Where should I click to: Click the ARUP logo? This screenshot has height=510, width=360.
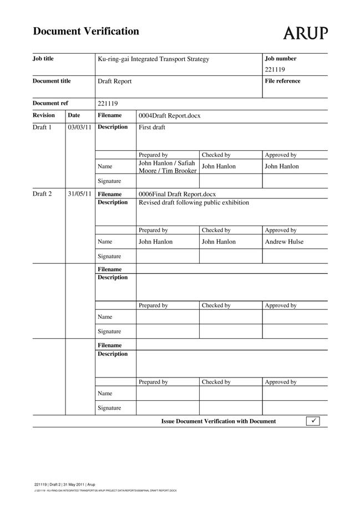click(305, 33)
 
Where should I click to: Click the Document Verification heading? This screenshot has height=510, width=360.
click(86, 31)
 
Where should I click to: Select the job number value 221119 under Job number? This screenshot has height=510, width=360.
click(275, 70)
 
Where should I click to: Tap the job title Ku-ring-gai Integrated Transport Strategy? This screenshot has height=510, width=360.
click(153, 59)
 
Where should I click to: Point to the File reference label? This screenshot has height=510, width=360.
click(282, 81)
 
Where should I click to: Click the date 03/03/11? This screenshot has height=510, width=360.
click(79, 127)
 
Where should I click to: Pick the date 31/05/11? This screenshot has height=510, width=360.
click(79, 194)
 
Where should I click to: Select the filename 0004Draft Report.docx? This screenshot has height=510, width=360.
click(169, 115)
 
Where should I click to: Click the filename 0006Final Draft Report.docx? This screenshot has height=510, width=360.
click(177, 194)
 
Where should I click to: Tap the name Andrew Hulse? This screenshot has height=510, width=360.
click(284, 242)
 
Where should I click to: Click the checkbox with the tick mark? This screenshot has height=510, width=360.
click(313, 421)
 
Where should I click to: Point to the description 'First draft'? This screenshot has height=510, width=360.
click(151, 127)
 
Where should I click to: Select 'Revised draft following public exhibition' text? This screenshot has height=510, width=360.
click(194, 202)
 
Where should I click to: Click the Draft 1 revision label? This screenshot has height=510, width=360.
click(42, 127)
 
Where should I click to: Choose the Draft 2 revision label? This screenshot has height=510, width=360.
click(42, 194)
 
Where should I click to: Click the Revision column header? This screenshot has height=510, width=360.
click(44, 115)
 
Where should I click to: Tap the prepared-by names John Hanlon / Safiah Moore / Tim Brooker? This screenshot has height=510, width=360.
click(167, 167)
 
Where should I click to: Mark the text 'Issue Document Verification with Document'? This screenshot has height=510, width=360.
click(218, 421)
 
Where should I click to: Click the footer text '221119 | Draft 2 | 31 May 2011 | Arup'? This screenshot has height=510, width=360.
click(64, 484)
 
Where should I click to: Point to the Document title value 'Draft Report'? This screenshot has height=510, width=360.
click(114, 81)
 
